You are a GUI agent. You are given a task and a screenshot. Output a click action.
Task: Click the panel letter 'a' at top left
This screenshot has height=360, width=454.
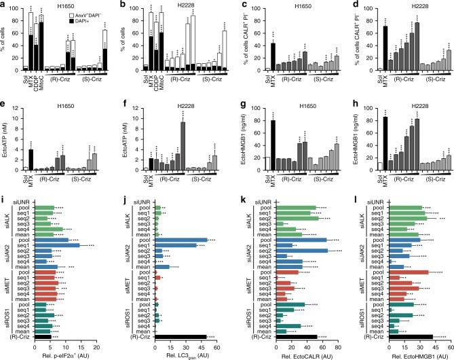tap(3, 4)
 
